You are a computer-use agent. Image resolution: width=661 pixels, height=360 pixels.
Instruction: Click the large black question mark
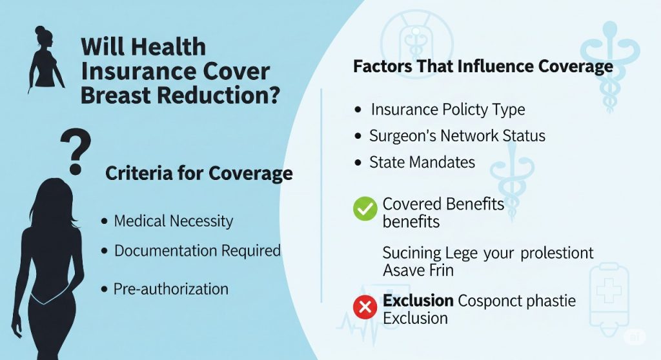pos(76,150)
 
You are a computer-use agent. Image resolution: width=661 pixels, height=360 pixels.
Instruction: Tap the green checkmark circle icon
pos(365,208)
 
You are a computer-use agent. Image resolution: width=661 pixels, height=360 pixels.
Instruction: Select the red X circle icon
pos(365,308)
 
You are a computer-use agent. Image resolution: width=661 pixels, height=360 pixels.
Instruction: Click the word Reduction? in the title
pos(225,95)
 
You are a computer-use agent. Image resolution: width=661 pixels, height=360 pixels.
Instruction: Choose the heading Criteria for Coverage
pos(199,174)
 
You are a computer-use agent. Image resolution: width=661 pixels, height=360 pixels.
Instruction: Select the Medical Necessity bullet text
pos(173,221)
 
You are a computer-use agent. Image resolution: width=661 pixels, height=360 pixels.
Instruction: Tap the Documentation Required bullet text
pos(197,251)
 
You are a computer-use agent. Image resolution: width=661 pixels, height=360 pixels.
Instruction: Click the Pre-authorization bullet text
pos(170,289)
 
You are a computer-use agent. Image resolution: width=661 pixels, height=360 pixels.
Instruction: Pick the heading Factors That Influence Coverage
pos(483,66)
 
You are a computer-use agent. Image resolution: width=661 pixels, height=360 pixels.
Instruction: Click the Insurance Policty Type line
pos(447,110)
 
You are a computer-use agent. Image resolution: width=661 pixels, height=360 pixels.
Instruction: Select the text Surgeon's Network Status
pos(457,136)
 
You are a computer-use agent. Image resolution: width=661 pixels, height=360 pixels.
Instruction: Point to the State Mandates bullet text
pos(422,163)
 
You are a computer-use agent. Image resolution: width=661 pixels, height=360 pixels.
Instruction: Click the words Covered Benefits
pos(443,205)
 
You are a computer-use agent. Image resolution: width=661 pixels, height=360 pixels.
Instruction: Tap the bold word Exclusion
pos(418,301)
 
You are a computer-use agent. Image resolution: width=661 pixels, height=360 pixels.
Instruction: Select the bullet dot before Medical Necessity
pos(104,222)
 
